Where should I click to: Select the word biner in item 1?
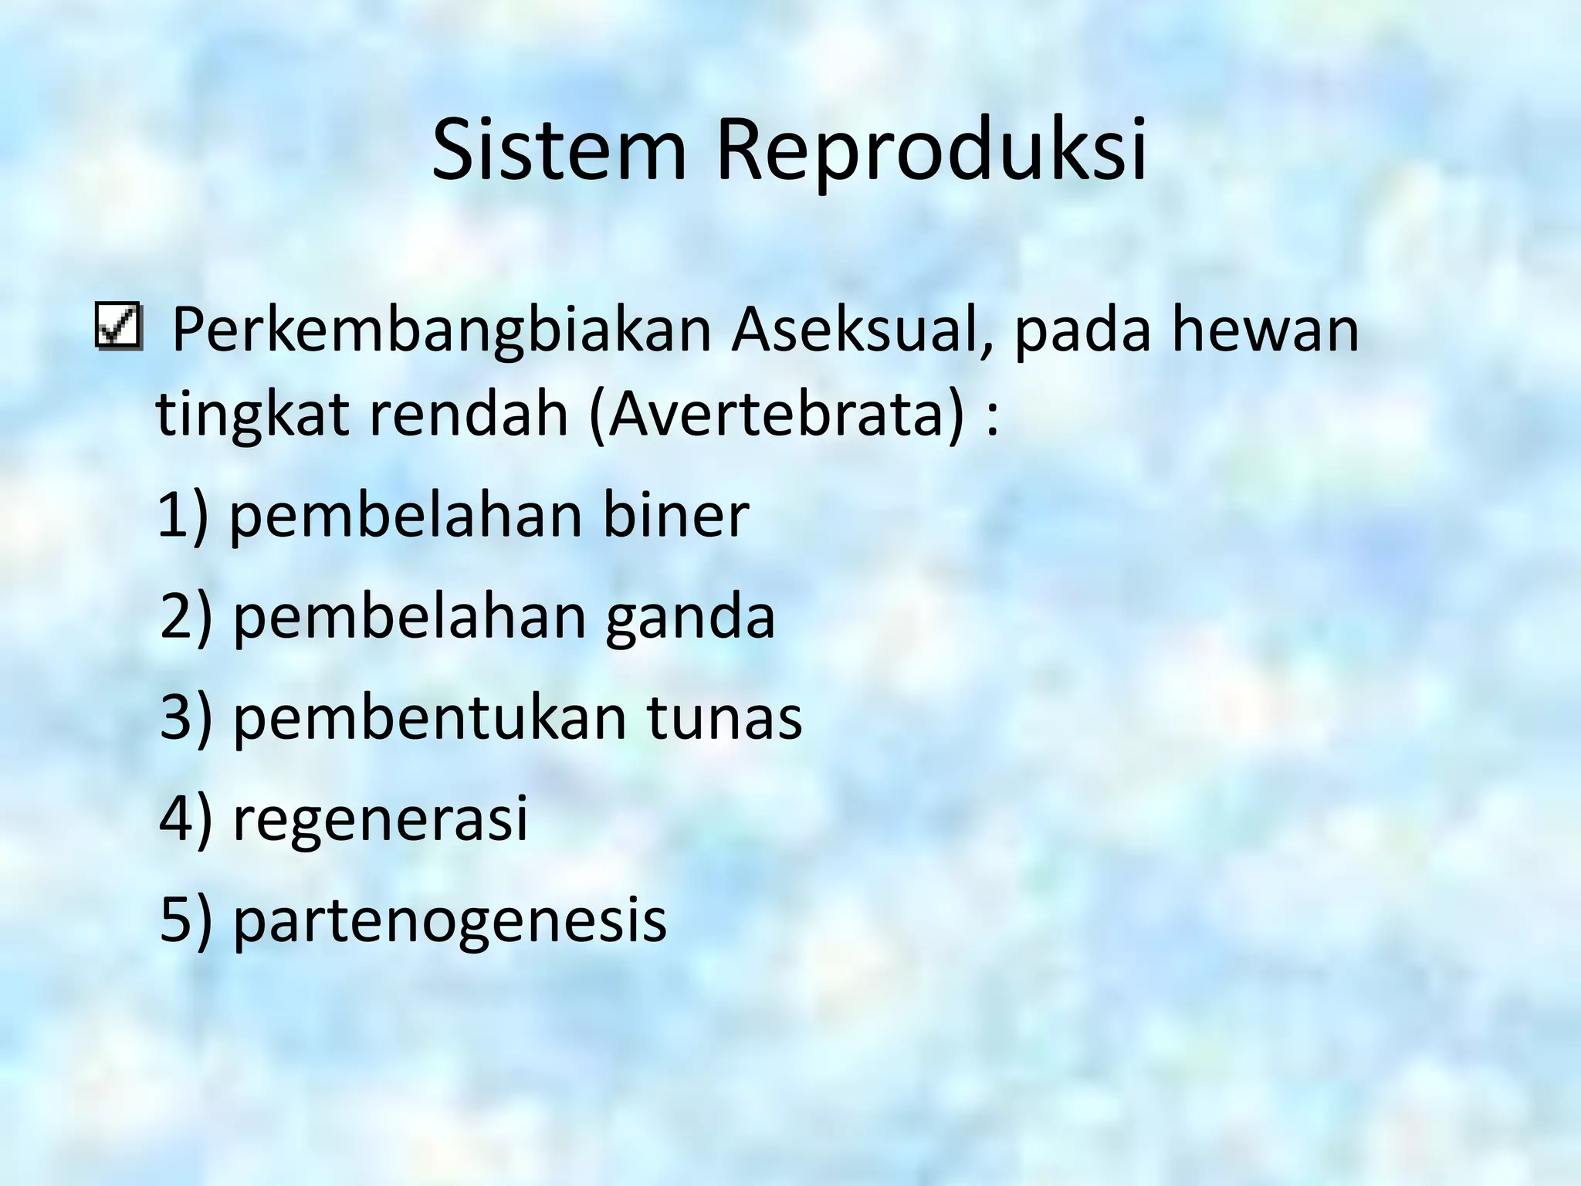point(675,515)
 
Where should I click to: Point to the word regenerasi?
point(380,819)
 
